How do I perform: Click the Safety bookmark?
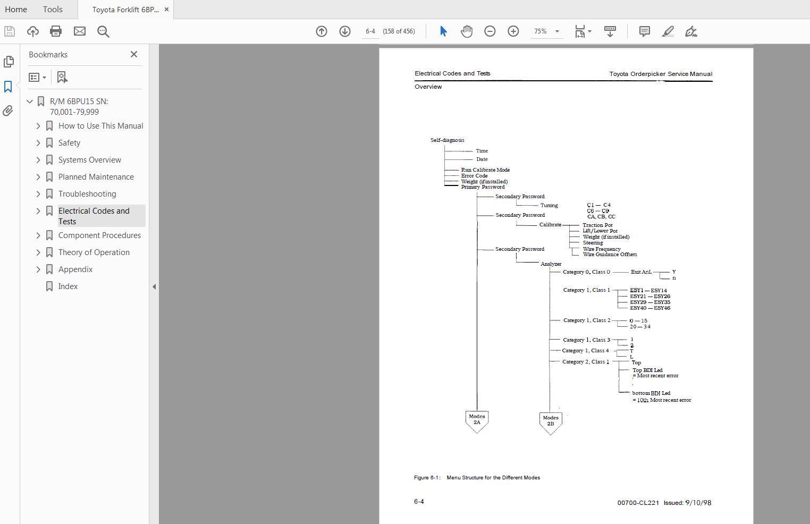coord(69,143)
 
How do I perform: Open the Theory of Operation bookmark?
coord(94,252)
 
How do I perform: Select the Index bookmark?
coord(67,286)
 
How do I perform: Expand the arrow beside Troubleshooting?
coord(38,194)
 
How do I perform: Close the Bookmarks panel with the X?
coord(134,54)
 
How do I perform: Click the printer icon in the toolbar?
coord(56,31)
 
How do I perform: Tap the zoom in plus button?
coord(513,31)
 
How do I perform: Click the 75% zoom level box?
coord(541,31)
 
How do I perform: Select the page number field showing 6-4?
coord(370,31)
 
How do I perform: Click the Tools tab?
coord(53,9)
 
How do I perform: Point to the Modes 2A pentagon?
coord(477,421)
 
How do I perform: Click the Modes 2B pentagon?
coord(551,422)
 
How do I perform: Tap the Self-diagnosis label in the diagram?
coord(447,140)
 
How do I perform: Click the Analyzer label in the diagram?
coord(551,264)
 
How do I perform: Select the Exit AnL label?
coord(641,272)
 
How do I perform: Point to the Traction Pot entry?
coord(597,225)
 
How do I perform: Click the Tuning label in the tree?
coord(549,206)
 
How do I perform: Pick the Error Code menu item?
coord(474,176)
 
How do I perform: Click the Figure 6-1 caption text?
coord(477,478)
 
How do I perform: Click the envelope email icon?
coord(80,31)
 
